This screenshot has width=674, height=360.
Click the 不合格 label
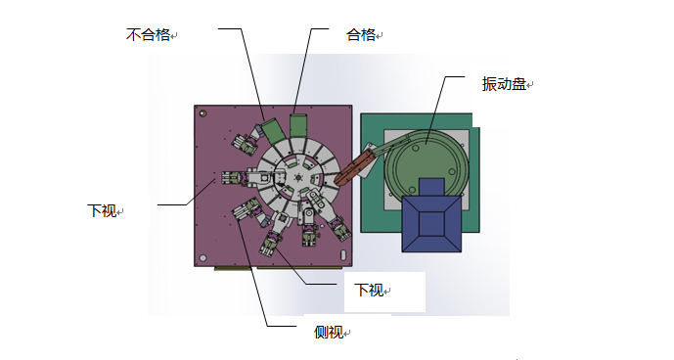coord(148,35)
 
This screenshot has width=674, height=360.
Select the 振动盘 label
coord(503,84)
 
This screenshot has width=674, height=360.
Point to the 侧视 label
coord(329,332)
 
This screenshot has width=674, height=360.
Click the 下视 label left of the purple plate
coord(102,209)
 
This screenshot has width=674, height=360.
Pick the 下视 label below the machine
coord(369,290)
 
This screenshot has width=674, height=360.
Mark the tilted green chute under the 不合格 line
coord(269,130)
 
